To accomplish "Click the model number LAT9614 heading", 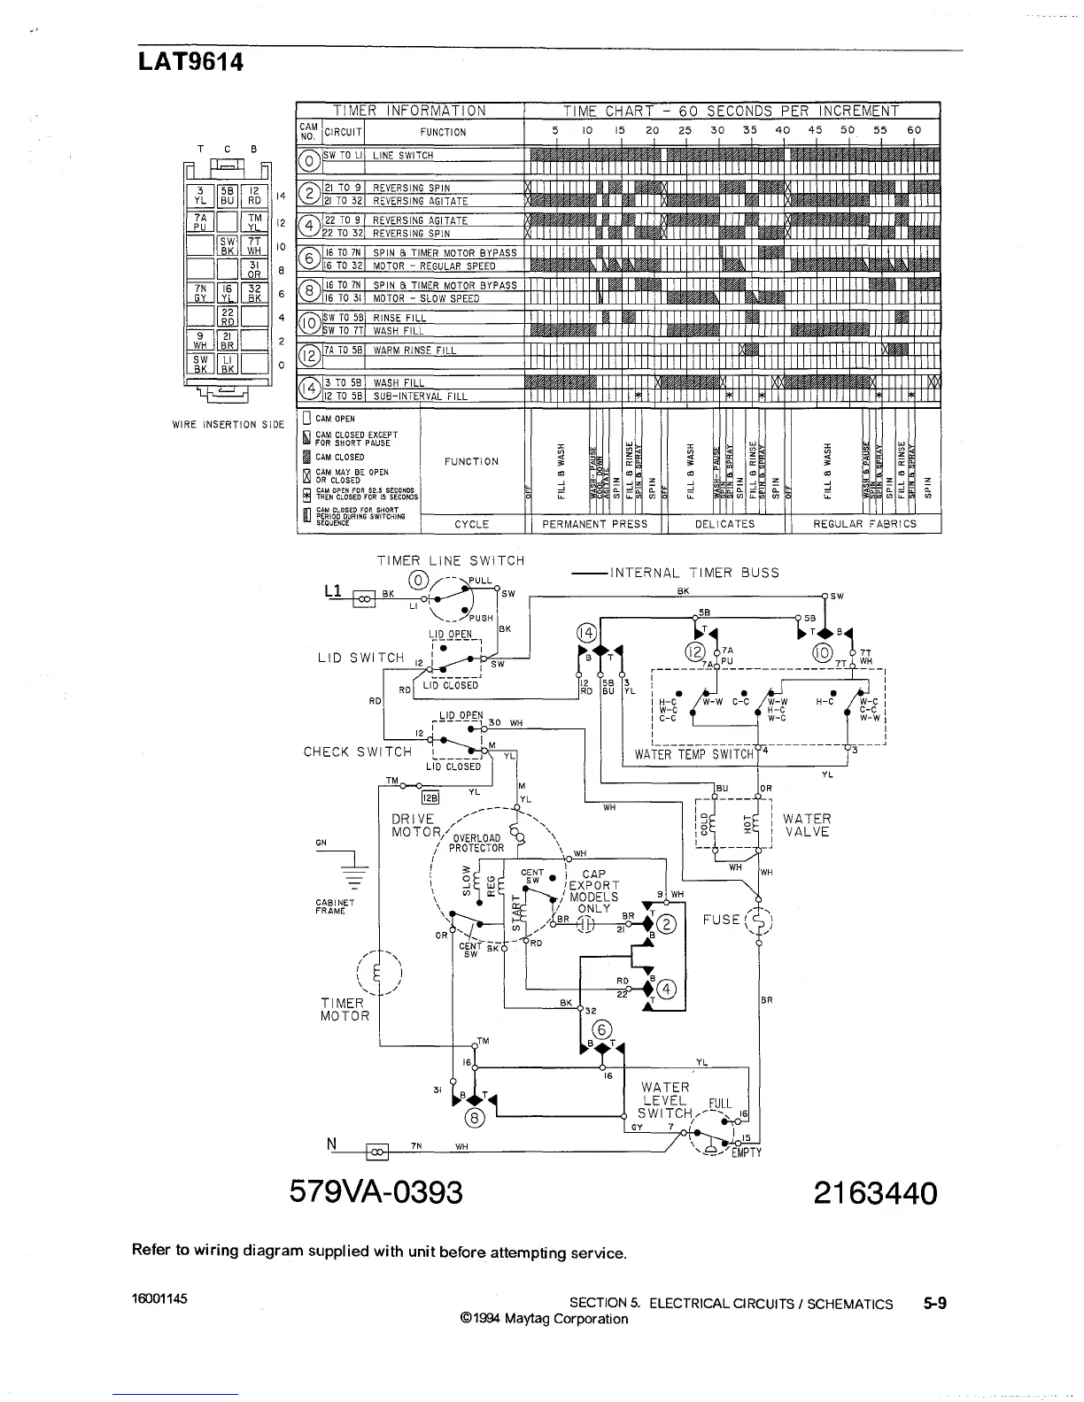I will pyautogui.click(x=190, y=63).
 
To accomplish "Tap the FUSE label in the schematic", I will pyautogui.click(x=721, y=920).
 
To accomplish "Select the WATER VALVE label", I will pyautogui.click(x=807, y=826).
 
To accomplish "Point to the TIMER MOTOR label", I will pyautogui.click(x=345, y=1010).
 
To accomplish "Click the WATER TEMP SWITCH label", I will pyautogui.click(x=693, y=755).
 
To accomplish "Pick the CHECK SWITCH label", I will pyautogui.click(x=358, y=752).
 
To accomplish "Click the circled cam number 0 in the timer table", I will pyautogui.click(x=309, y=161).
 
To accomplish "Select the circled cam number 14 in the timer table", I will pyautogui.click(x=309, y=389).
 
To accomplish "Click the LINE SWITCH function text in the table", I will pyautogui.click(x=403, y=156).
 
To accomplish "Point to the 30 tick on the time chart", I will pyautogui.click(x=717, y=130).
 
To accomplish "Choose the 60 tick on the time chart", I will pyautogui.click(x=914, y=130).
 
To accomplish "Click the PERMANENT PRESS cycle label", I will pyautogui.click(x=594, y=524).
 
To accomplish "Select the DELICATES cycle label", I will pyautogui.click(x=724, y=524).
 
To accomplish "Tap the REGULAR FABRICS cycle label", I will pyautogui.click(x=864, y=524).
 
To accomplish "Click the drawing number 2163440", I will pyautogui.click(x=875, y=1193).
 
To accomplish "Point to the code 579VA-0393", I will pyautogui.click(x=376, y=1193).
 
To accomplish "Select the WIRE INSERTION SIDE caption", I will pyautogui.click(x=228, y=425).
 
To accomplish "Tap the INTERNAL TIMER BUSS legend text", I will pyautogui.click(x=694, y=573).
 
